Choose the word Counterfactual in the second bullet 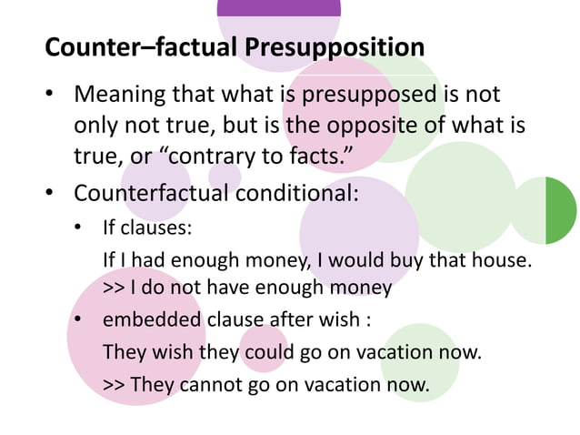(136, 194)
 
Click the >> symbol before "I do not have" (114, 288)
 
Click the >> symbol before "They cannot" (114, 385)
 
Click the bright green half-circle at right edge (560, 211)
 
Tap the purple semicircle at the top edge (279, 8)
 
